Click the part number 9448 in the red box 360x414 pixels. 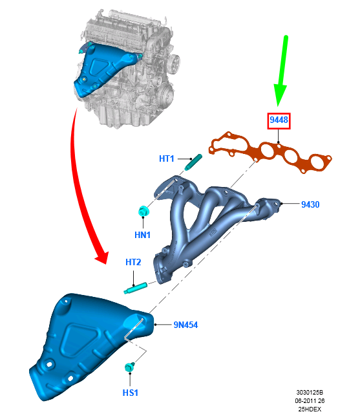[x=279, y=120]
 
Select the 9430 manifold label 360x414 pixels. [x=310, y=204]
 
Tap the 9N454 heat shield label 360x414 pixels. [x=185, y=325]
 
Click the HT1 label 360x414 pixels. [x=167, y=158]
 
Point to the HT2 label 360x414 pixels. [x=133, y=262]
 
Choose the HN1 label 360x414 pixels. [x=142, y=235]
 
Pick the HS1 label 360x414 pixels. [x=131, y=393]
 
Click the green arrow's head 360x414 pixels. [x=279, y=95]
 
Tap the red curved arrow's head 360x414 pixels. [x=102, y=257]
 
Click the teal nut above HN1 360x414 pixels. [x=143, y=211]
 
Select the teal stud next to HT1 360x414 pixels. [x=193, y=162]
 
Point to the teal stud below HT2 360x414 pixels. [x=135, y=288]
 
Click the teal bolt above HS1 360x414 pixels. [x=129, y=367]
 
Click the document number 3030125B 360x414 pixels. [x=310, y=393]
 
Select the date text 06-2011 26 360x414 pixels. [x=310, y=401]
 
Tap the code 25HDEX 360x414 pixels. [x=310, y=409]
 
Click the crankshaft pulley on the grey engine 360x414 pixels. [x=166, y=94]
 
